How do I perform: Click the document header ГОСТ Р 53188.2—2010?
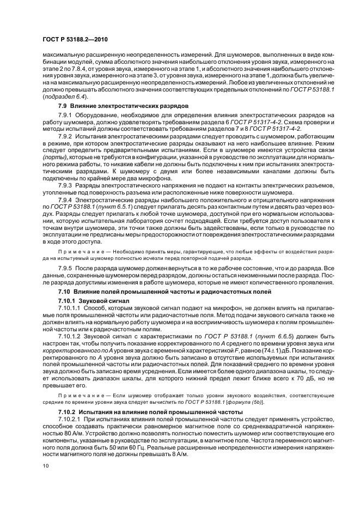tap(68, 40)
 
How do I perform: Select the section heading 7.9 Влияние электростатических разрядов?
tap(123, 105)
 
